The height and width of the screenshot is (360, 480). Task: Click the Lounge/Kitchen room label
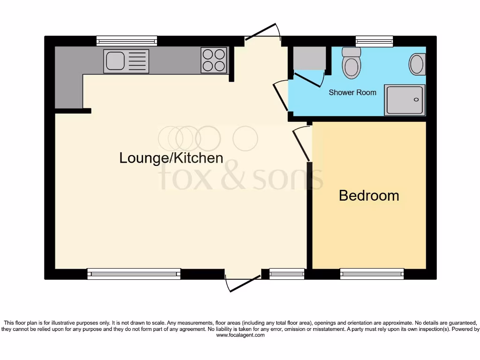171,158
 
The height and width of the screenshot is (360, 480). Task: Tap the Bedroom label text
369,195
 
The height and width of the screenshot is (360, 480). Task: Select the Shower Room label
352,92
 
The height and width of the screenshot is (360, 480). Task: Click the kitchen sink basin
115,61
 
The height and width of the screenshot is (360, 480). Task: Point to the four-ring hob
214,60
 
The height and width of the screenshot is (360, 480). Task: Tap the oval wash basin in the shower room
417,64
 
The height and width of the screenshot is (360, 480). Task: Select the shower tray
405,100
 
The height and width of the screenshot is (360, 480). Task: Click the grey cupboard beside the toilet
309,58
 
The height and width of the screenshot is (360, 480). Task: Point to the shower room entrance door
281,95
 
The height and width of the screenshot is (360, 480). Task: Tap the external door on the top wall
262,32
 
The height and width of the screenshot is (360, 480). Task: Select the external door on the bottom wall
243,284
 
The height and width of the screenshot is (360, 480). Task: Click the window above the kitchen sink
127,41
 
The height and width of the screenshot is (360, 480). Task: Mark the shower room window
374,41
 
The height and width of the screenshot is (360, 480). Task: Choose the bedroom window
372,274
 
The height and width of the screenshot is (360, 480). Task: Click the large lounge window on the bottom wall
134,274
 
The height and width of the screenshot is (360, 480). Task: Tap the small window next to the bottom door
287,274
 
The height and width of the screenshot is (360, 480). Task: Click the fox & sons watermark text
241,178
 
